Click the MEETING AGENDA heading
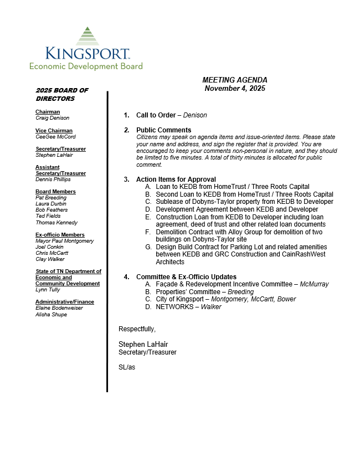pos(234,80)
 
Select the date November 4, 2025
pos(235,88)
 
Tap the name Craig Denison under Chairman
pos(53,118)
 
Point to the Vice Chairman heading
pos(54,131)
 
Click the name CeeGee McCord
pos(55,137)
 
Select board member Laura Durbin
pos(51,204)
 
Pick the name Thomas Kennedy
pos(56,223)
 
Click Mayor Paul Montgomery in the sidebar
pos(64,241)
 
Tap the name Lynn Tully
pos(48,290)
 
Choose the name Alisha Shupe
pos(51,315)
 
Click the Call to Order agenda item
pos(172,115)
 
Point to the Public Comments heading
pos(164,130)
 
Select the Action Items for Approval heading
pos(176,179)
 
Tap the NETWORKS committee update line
pos(188,307)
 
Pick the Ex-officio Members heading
pos(60,235)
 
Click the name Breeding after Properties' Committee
pos(240,292)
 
